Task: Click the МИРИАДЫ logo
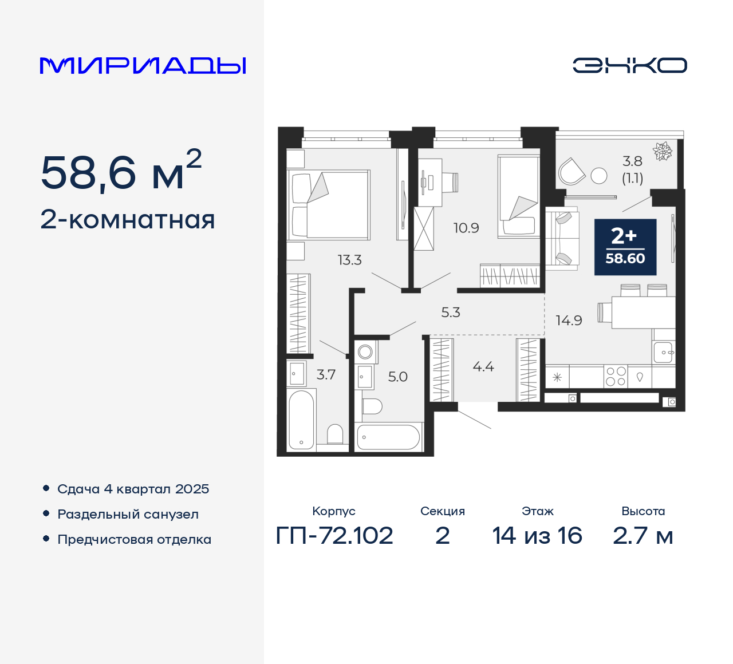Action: click(143, 66)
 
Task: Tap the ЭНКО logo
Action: click(629, 65)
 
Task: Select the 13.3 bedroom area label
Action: click(350, 260)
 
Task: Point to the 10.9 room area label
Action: click(466, 228)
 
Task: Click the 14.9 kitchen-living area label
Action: click(569, 321)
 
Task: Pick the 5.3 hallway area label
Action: click(451, 313)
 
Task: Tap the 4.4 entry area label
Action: click(483, 366)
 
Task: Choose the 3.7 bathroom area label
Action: click(326, 374)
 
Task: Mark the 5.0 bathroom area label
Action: click(397, 377)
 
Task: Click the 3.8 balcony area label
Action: click(633, 161)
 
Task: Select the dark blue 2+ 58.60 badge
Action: click(625, 247)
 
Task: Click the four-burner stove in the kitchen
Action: click(616, 377)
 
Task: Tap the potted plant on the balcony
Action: click(662, 151)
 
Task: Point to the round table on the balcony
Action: click(599, 176)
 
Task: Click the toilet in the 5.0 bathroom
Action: click(372, 406)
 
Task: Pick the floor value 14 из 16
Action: click(537, 536)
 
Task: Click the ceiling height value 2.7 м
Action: click(643, 536)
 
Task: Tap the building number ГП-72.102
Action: click(334, 536)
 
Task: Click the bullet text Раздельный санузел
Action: click(128, 514)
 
